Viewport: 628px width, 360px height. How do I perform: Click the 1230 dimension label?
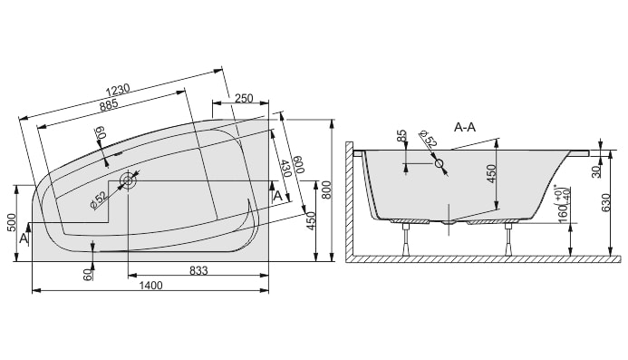[x=118, y=90]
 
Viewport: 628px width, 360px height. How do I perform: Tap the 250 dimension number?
[x=244, y=98]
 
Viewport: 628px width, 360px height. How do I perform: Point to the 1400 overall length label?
[x=150, y=286]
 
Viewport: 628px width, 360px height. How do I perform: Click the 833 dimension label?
[x=198, y=271]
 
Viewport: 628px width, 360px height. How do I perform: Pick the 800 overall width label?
[x=326, y=190]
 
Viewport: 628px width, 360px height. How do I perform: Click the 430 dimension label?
[x=285, y=169]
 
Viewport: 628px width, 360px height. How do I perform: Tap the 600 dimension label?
[x=299, y=164]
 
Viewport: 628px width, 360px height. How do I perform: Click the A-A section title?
[x=465, y=127]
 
